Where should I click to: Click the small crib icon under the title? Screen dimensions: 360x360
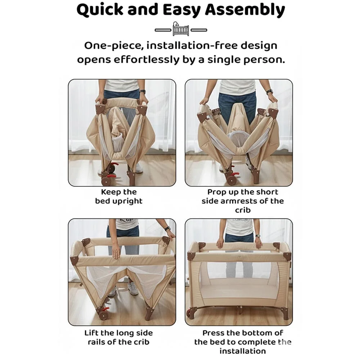(x=180, y=29)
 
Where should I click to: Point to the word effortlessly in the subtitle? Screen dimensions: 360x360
(x=145, y=59)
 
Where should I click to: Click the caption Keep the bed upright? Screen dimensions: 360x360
(x=119, y=197)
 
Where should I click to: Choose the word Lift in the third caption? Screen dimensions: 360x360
(x=91, y=333)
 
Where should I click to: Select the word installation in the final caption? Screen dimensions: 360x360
(x=243, y=351)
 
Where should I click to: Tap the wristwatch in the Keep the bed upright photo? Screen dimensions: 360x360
(x=143, y=92)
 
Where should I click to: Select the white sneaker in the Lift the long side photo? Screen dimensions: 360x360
(x=132, y=288)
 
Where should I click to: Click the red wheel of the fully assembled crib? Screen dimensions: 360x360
(x=188, y=312)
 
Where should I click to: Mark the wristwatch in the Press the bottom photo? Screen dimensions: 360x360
(x=258, y=237)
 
